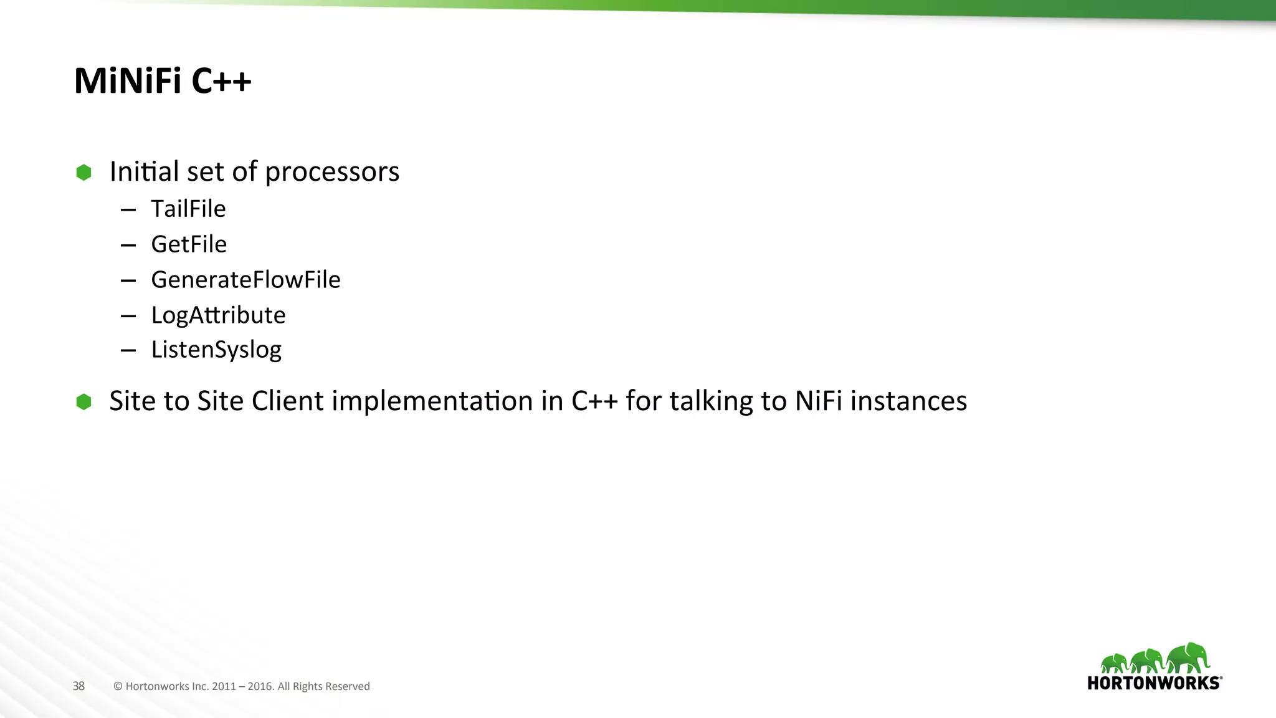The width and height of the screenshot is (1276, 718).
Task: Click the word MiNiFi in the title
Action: tap(128, 81)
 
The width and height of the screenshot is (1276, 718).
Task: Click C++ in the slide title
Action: tap(221, 81)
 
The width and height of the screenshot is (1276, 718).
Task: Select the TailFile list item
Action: tap(188, 209)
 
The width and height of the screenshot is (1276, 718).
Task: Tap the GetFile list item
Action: tap(189, 244)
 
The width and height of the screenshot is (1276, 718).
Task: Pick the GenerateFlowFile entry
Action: tap(245, 280)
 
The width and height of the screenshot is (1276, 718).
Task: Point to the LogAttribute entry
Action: tap(218, 315)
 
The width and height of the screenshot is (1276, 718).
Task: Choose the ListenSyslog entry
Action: tap(216, 350)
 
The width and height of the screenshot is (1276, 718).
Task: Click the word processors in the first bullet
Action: tap(332, 173)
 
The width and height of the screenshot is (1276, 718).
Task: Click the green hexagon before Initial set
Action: tap(83, 173)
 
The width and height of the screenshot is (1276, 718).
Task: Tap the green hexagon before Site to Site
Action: tap(83, 402)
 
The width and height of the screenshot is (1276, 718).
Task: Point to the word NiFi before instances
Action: tap(819, 401)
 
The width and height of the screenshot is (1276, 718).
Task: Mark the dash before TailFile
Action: tap(128, 210)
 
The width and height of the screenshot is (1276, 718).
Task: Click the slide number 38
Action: tap(79, 686)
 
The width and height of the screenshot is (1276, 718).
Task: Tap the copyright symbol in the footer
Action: tap(118, 686)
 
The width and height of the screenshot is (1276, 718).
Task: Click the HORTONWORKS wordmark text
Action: tap(1154, 683)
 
